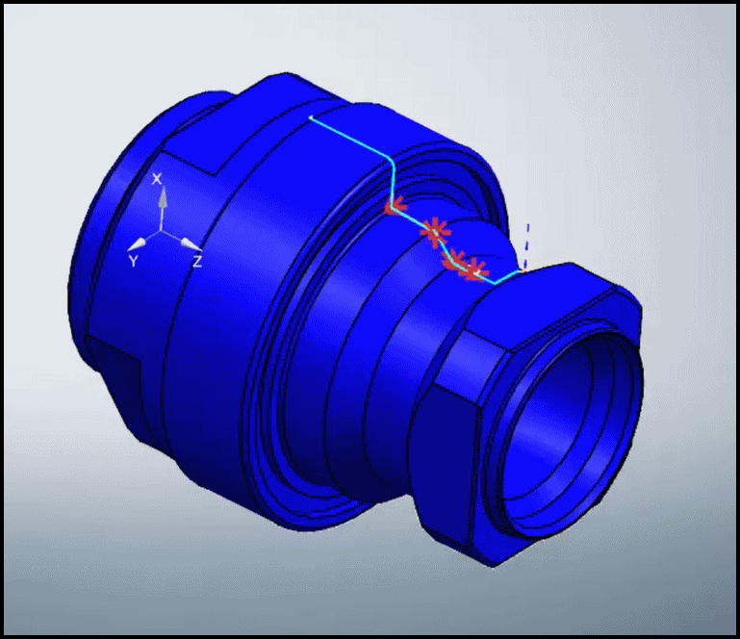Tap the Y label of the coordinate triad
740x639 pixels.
tap(133, 261)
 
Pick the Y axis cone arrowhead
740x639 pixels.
tap(140, 243)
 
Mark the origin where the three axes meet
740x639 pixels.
tap(163, 232)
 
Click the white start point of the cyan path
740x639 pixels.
tap(311, 117)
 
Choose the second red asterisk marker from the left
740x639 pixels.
tap(435, 231)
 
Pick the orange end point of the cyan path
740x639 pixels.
tap(521, 271)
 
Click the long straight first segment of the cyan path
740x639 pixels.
tap(351, 140)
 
